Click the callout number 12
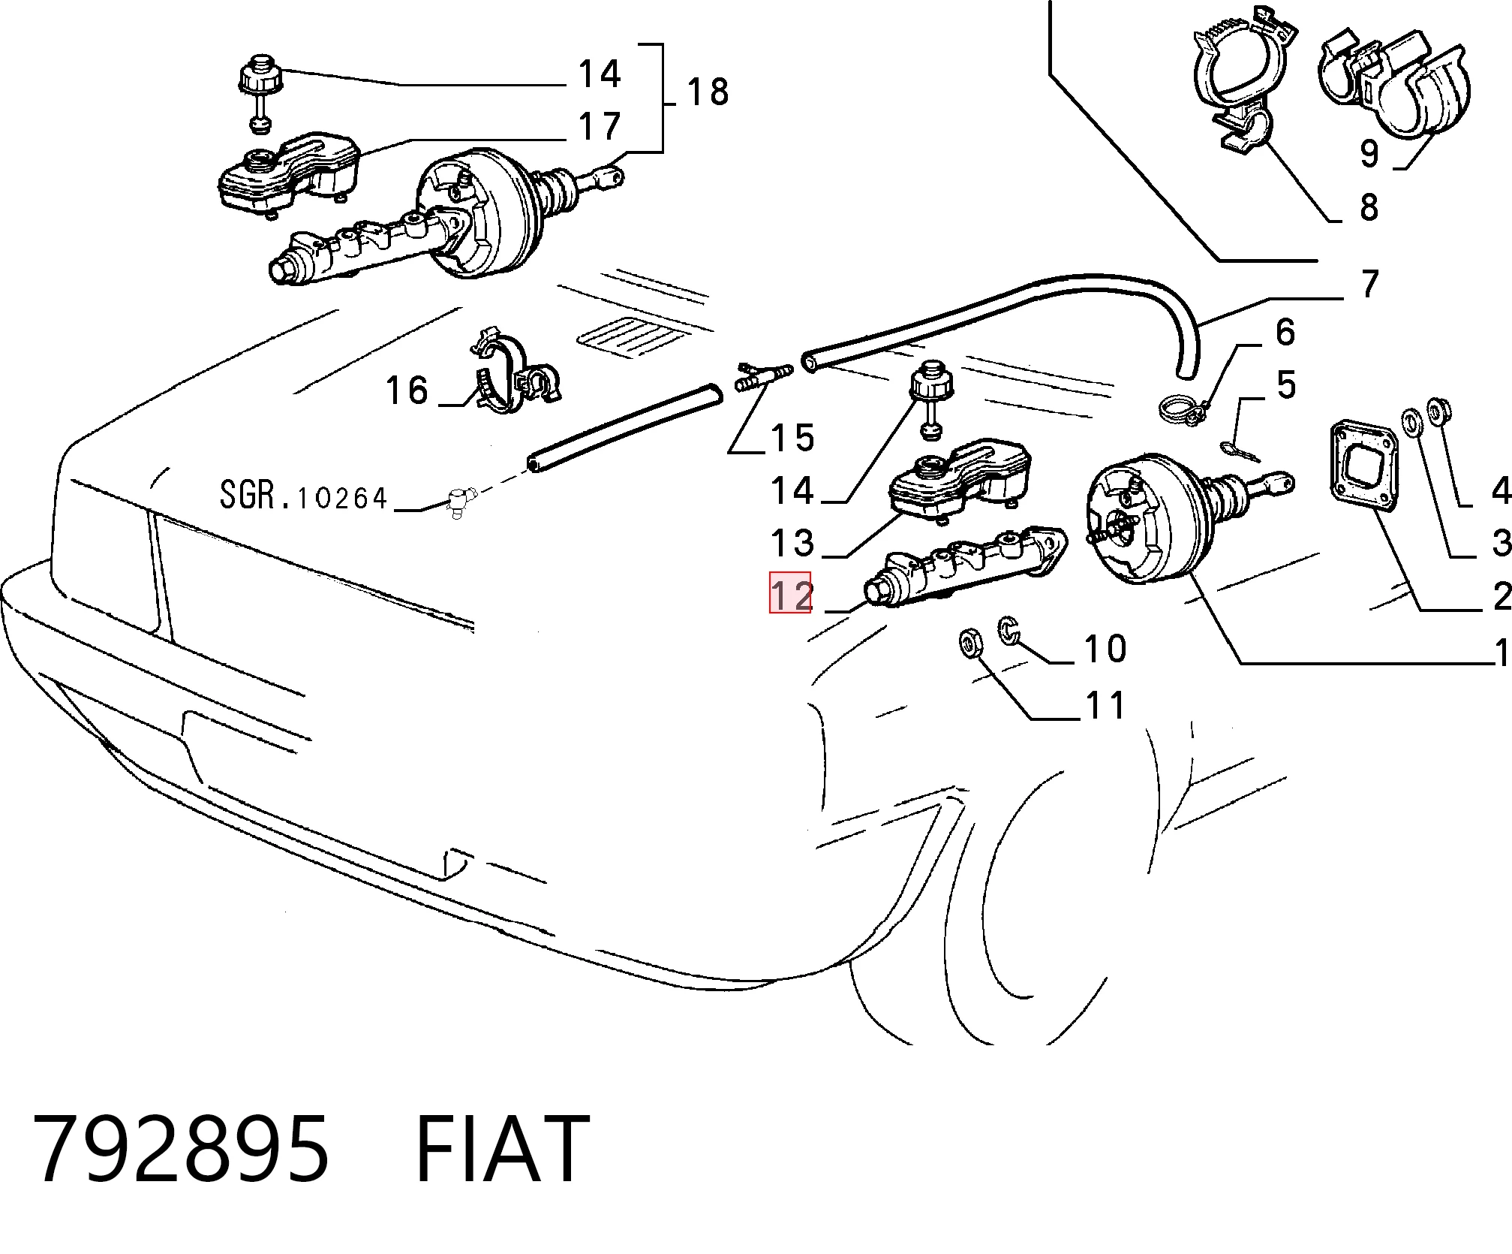[790, 593]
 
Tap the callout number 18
[708, 92]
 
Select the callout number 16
[406, 390]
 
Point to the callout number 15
[792, 438]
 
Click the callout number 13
[792, 543]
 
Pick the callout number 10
[1105, 649]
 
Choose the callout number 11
[1105, 705]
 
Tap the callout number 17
[600, 125]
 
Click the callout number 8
[1369, 207]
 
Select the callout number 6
[1285, 332]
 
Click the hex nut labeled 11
[969, 644]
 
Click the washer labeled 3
[1411, 421]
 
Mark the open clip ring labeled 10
[1008, 629]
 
